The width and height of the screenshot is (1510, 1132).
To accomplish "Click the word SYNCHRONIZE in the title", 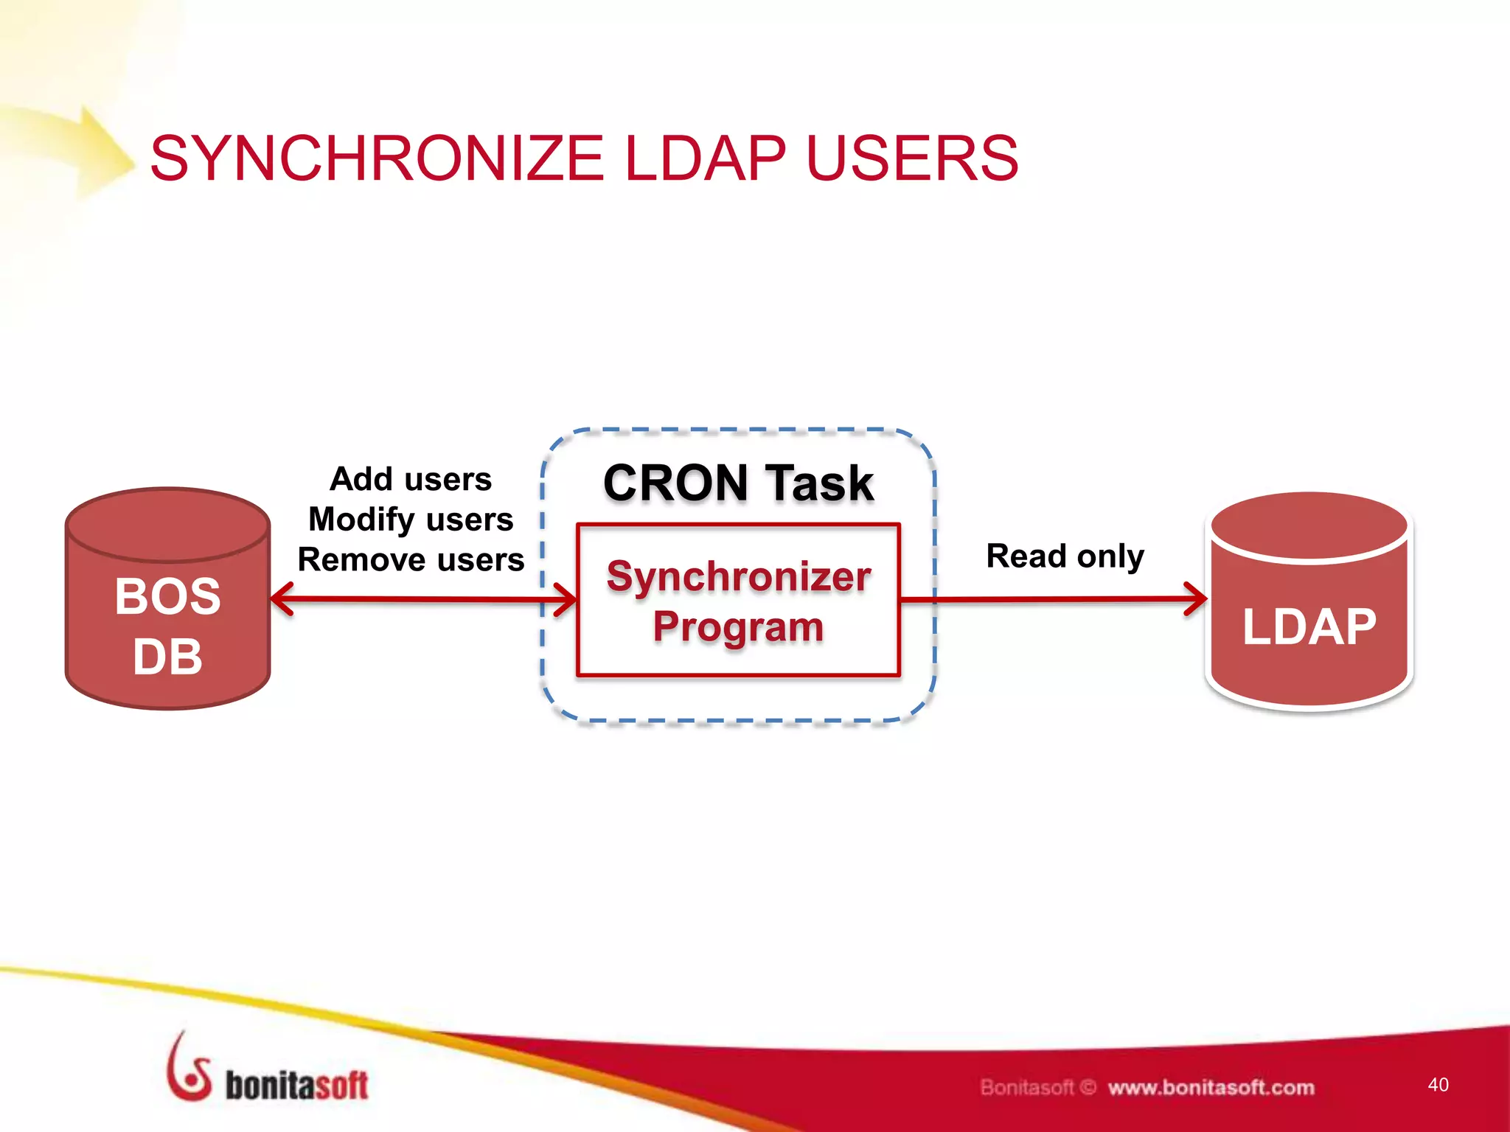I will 377,158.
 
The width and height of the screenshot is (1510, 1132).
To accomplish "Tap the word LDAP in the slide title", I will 705,158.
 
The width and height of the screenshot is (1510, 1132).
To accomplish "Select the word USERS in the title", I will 912,158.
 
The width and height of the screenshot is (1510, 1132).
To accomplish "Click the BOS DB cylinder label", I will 168,626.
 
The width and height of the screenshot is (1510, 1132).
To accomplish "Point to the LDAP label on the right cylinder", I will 1309,627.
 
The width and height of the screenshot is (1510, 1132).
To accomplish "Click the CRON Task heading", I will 738,483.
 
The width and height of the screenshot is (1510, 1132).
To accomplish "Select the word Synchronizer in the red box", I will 738,576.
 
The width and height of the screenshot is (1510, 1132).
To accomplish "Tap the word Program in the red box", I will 738,627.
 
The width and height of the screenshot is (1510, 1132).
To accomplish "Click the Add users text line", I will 411,479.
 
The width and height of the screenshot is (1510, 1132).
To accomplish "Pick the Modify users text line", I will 411,520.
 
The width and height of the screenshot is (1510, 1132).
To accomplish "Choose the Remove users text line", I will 411,560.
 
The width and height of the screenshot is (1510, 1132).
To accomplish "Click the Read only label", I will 1065,556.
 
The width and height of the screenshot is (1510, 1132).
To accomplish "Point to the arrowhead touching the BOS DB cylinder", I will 282,599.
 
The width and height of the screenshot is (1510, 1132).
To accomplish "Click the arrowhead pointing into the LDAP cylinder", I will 1196,599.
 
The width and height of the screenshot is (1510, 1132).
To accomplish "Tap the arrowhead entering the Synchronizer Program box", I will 566,599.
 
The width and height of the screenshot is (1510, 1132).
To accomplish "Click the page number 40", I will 1438,1084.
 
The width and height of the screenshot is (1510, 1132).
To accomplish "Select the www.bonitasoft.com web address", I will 1211,1088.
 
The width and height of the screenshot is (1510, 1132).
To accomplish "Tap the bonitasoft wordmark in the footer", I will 296,1086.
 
